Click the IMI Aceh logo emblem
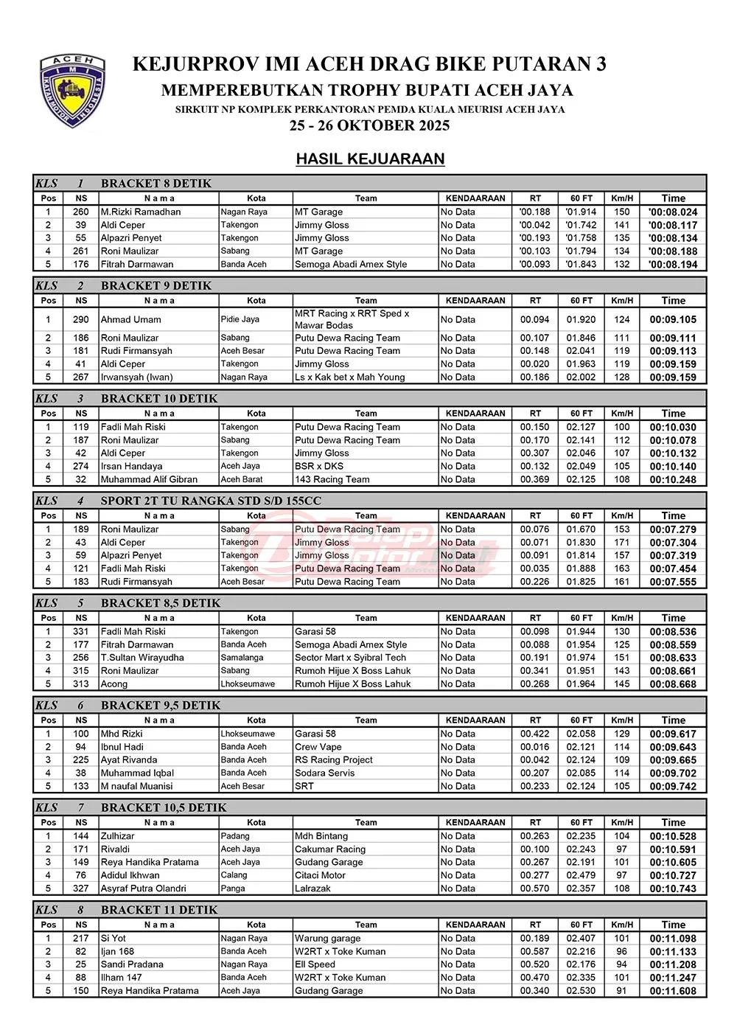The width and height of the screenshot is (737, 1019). [72, 91]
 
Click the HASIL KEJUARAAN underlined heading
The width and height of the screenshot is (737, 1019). [370, 159]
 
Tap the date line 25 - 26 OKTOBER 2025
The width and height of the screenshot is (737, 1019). [369, 125]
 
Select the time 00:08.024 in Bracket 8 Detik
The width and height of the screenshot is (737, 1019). [673, 212]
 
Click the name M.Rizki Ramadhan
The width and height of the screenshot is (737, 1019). [141, 212]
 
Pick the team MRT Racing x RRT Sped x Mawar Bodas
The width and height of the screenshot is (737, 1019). [352, 319]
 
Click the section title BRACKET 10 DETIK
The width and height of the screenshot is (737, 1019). [159, 399]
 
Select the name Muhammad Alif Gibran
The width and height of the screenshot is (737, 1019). [149, 479]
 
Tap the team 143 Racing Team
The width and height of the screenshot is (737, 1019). [332, 479]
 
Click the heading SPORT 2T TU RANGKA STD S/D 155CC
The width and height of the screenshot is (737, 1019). [211, 501]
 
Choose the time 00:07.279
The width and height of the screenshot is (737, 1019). [673, 529]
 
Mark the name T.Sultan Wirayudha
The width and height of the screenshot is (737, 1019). [142, 658]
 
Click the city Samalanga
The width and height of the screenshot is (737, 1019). [242, 658]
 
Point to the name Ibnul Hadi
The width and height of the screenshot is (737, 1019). [122, 747]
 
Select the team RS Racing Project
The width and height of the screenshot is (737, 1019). [334, 760]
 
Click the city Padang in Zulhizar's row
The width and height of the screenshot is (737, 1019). [235, 836]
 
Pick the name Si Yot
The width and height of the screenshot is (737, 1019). [113, 939]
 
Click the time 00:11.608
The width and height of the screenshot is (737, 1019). [673, 991]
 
